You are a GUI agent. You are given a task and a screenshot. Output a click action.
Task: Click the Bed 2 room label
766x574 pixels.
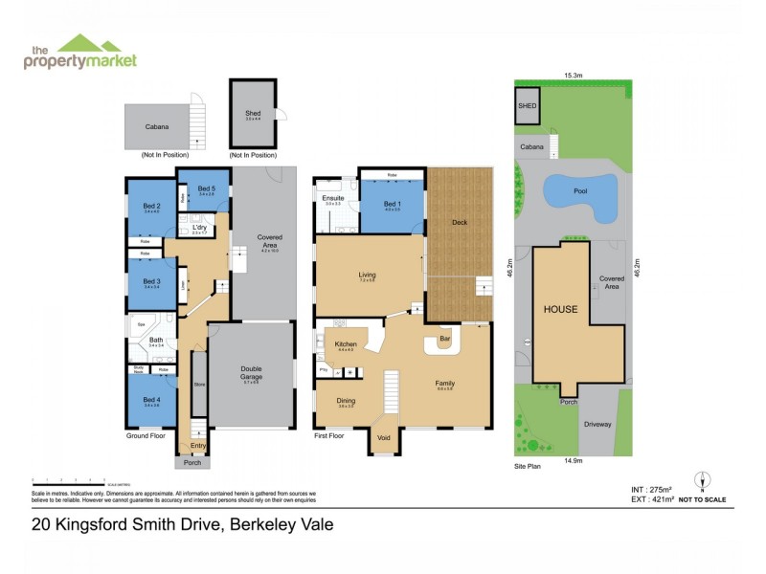coord(151,206)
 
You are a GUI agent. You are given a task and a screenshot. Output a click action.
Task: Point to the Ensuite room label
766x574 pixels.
coord(332,198)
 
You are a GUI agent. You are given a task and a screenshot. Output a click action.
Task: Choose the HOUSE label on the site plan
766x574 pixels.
coord(561,310)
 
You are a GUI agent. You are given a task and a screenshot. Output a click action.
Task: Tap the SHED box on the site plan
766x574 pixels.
coord(526,106)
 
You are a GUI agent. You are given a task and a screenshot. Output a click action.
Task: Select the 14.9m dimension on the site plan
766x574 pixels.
coord(573,461)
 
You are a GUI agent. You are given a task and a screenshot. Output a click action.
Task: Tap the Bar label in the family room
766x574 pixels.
coord(444,339)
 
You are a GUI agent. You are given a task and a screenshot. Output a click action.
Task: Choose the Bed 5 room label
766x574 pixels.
coord(207,188)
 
